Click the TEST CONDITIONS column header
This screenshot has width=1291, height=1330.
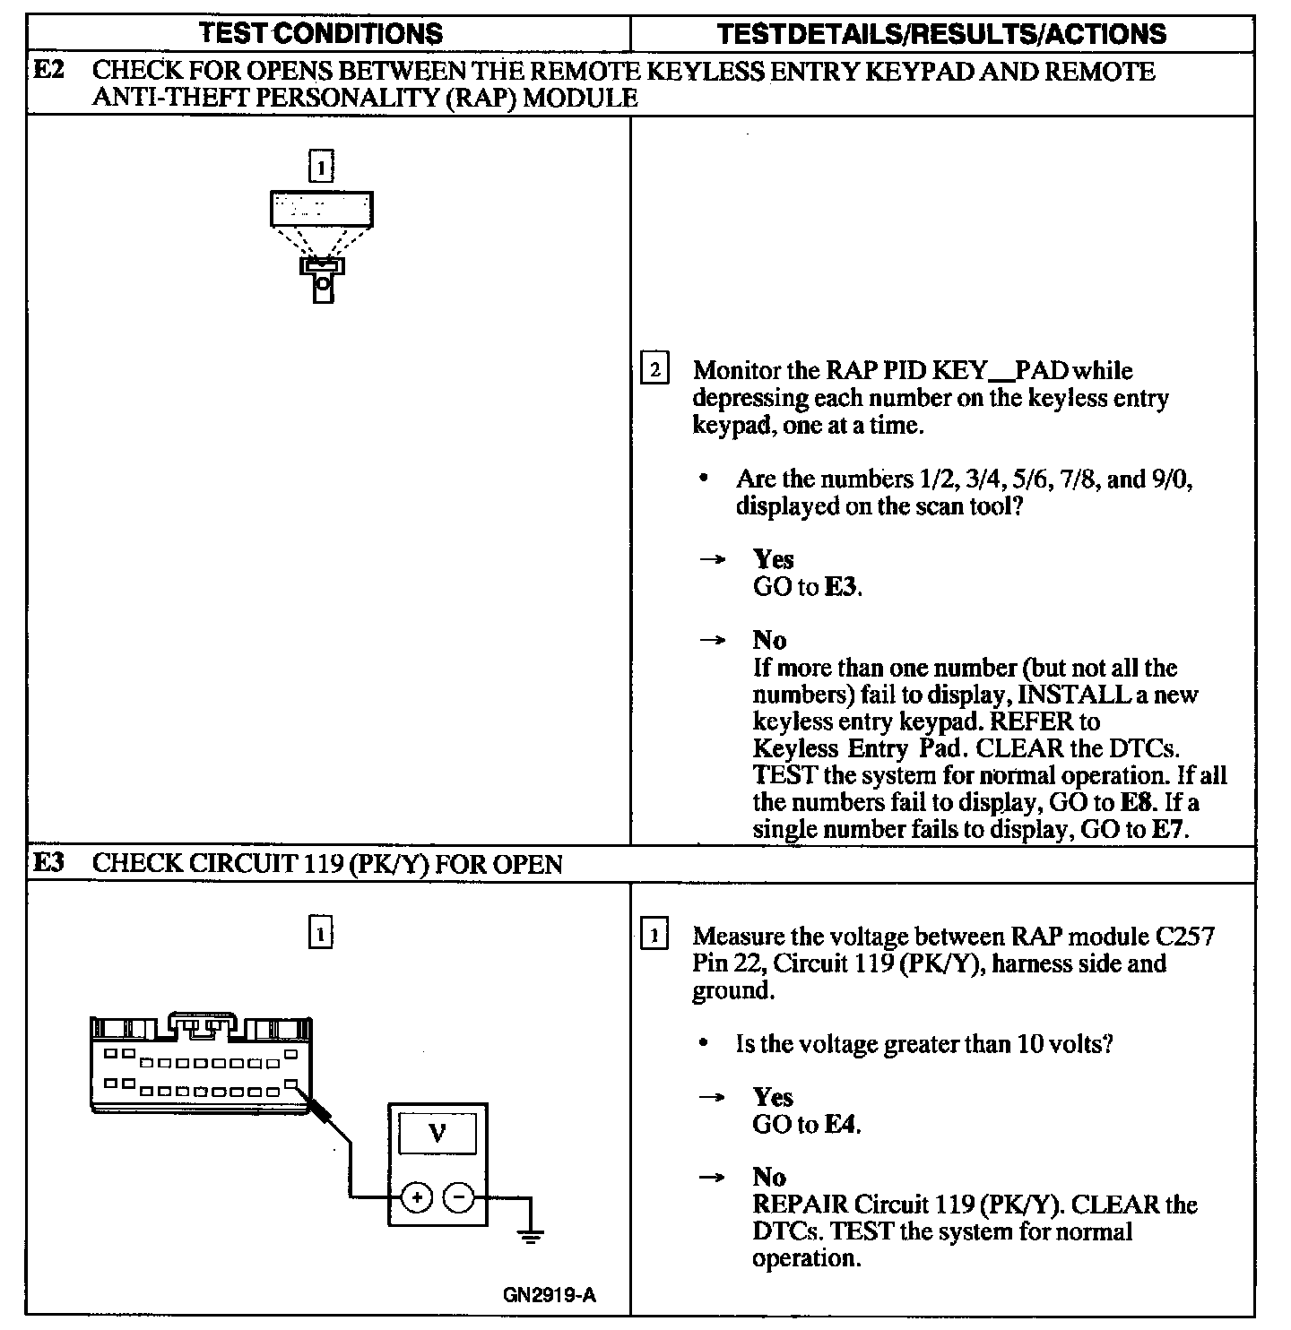(x=320, y=34)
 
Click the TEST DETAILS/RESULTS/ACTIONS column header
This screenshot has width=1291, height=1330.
(x=941, y=34)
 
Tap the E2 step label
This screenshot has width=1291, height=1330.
(x=48, y=71)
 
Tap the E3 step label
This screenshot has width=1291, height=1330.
(x=48, y=863)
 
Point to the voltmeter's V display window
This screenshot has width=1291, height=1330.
(x=438, y=1134)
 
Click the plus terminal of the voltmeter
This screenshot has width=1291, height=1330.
(x=417, y=1196)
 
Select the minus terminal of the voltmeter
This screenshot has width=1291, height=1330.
(x=459, y=1196)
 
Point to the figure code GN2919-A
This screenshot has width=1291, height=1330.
(x=550, y=1295)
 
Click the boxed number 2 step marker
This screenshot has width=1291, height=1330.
(x=654, y=370)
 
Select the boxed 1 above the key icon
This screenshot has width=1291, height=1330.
(x=320, y=168)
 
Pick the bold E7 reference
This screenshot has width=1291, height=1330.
(x=1169, y=829)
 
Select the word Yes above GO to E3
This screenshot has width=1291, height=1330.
(x=773, y=559)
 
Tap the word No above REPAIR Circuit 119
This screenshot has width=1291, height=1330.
(x=769, y=1177)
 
